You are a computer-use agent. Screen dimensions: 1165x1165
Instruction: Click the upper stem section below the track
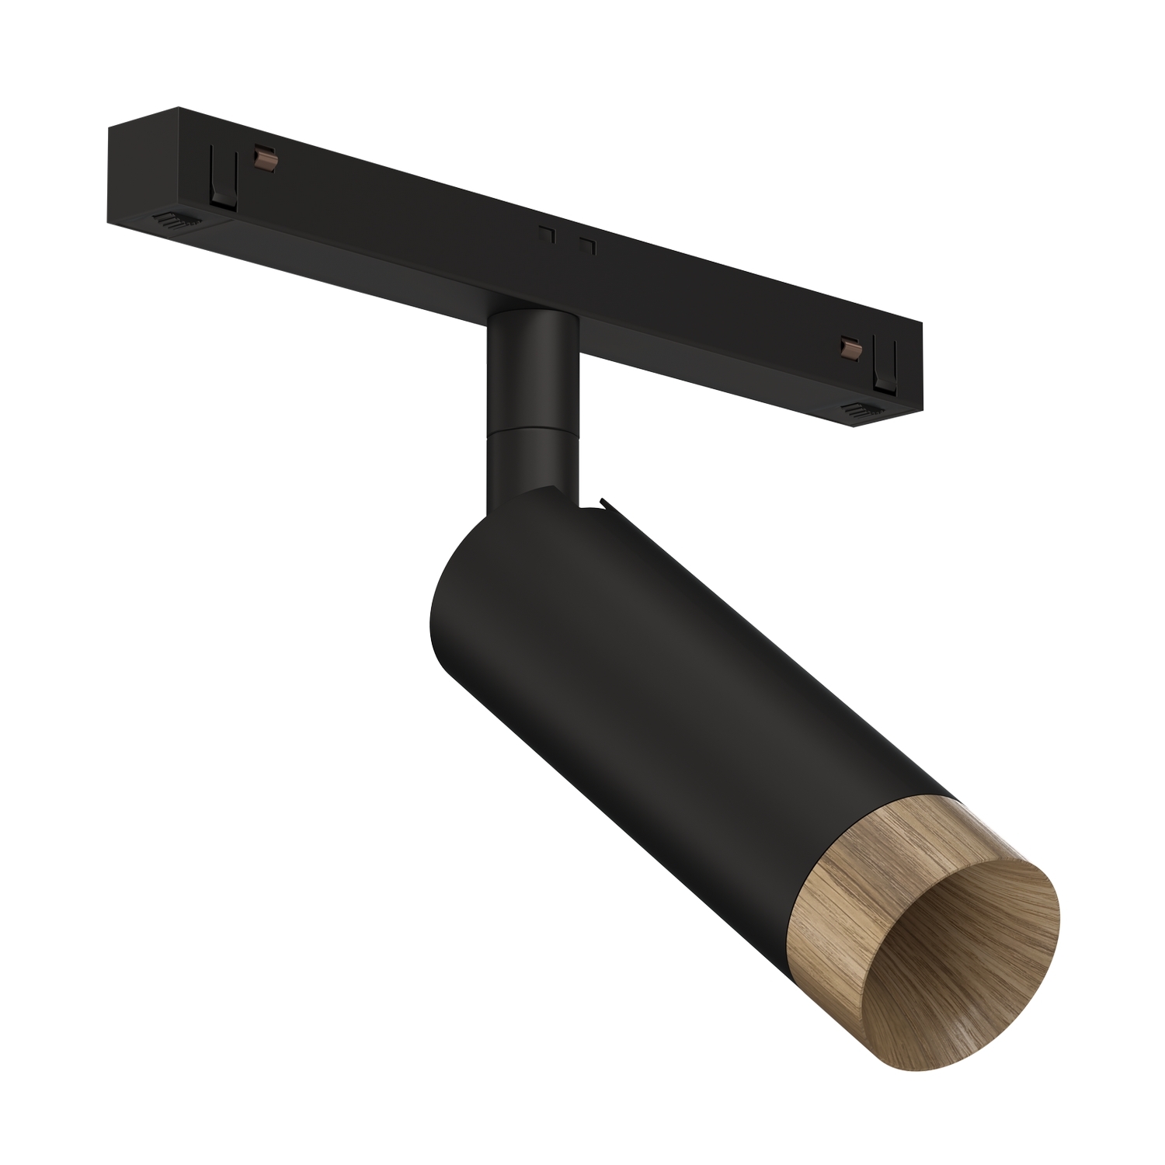point(530,365)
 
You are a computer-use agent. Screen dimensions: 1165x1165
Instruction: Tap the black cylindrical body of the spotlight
point(621,699)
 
